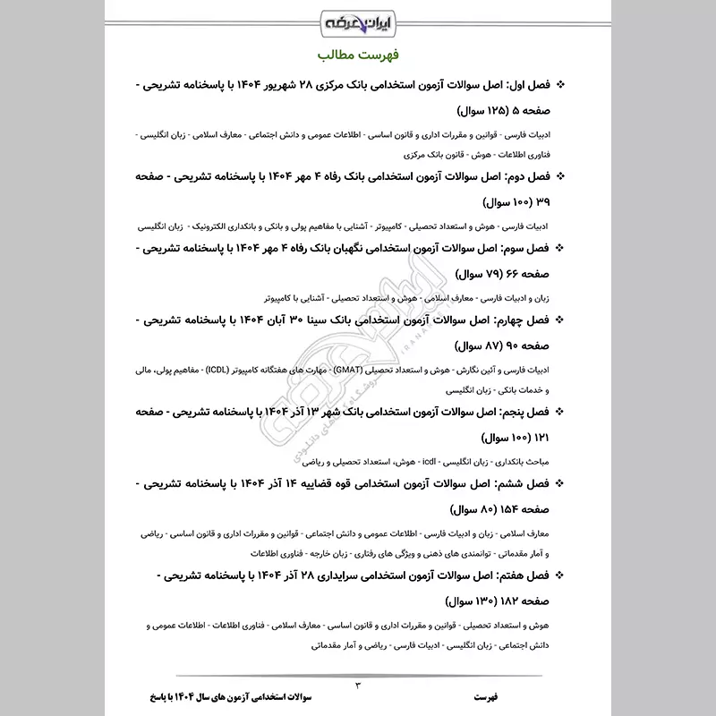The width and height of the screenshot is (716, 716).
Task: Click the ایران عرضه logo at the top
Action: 357,20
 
